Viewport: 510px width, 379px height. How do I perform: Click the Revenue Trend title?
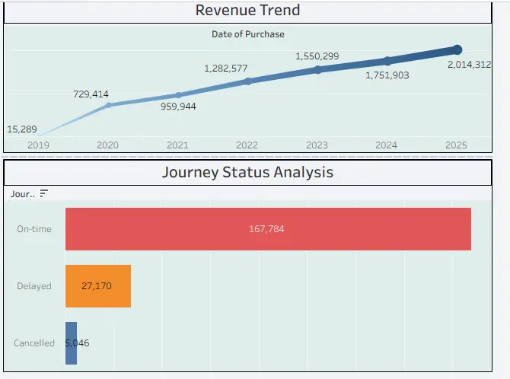247,10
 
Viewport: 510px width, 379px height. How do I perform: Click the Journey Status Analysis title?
247,172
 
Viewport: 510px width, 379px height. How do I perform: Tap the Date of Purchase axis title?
247,33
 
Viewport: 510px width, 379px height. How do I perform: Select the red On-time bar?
268,228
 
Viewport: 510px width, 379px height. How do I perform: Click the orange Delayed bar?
98,286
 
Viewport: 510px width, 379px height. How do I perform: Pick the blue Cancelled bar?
71,343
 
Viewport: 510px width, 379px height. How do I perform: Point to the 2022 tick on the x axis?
247,145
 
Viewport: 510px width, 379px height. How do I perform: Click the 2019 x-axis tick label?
37,145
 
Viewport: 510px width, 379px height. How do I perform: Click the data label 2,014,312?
469,65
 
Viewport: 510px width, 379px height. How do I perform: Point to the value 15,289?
22,129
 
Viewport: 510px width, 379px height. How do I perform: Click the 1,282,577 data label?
226,68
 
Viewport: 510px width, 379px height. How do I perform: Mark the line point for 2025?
457,50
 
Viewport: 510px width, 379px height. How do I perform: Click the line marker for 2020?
108,104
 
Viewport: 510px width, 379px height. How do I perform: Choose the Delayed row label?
34,286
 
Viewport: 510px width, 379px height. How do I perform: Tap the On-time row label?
34,228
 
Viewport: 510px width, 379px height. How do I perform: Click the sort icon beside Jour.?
43,194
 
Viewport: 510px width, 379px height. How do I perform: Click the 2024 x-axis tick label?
387,145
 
